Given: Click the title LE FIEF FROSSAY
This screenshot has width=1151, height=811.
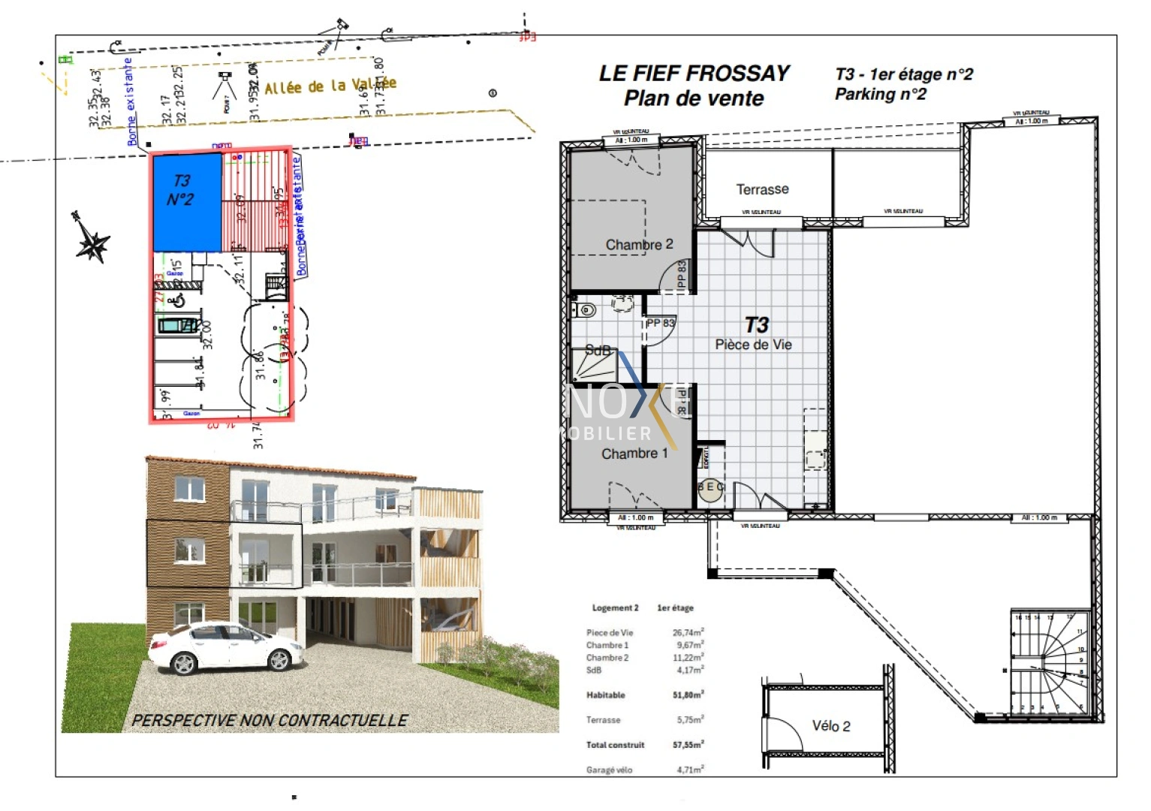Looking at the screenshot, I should pyautogui.click(x=694, y=74).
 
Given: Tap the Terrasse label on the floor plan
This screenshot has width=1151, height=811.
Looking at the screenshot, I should pyautogui.click(x=762, y=189).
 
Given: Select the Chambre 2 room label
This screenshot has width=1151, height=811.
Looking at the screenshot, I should pyautogui.click(x=639, y=245).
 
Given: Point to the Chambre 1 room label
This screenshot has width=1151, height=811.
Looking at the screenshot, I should pyautogui.click(x=634, y=454).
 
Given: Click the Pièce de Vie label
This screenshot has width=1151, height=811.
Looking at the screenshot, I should pyautogui.click(x=753, y=345).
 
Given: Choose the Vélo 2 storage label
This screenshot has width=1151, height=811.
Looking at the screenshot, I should pyautogui.click(x=831, y=726).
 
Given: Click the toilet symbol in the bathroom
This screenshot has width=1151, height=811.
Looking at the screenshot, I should pyautogui.click(x=587, y=309).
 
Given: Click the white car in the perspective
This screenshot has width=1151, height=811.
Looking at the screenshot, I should pyautogui.click(x=225, y=647).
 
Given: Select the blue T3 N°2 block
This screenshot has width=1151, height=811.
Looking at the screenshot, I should pyautogui.click(x=187, y=201).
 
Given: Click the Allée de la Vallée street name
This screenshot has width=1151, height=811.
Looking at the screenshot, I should pyautogui.click(x=330, y=86).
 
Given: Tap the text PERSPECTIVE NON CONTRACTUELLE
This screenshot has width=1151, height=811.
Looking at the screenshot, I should pyautogui.click(x=270, y=720).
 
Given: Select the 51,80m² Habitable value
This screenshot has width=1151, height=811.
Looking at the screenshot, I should pyautogui.click(x=688, y=695).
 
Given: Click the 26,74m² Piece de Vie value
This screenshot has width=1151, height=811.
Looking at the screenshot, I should pyautogui.click(x=688, y=632).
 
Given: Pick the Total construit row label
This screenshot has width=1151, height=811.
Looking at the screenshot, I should pyautogui.click(x=615, y=745).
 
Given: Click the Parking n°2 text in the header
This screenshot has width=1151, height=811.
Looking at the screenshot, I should pyautogui.click(x=880, y=95).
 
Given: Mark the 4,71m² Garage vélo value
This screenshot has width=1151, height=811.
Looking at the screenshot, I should pyautogui.click(x=690, y=769).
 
